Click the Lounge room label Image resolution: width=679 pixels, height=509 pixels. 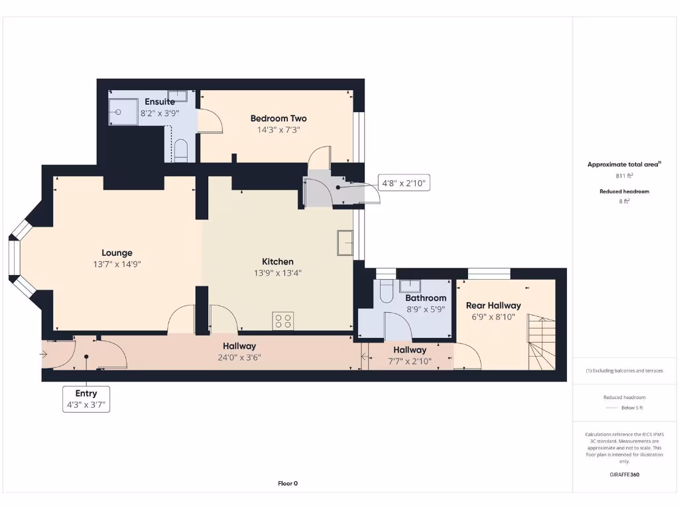117,253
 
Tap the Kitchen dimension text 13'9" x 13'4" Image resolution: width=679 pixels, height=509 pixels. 277,272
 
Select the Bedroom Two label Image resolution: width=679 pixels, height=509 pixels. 278,119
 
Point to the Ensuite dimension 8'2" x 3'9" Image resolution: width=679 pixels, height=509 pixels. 159,113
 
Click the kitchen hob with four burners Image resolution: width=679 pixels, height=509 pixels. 282,321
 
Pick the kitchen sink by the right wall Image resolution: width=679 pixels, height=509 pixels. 345,243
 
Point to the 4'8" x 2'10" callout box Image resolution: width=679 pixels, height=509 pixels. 404,182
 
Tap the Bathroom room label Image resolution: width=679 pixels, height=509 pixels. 426,298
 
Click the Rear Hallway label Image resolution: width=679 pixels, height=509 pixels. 493,306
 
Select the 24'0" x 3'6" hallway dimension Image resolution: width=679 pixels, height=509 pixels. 239,357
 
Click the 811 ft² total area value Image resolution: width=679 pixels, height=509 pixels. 623,176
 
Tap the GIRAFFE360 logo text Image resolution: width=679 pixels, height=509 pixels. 623,475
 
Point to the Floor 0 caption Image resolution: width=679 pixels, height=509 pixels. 287,483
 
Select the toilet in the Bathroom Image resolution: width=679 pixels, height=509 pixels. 386,290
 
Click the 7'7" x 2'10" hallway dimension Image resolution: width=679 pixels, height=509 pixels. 409,361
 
